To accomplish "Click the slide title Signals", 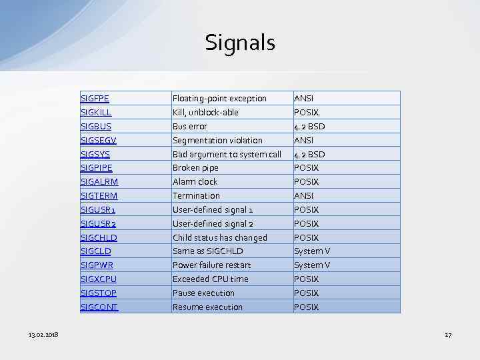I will tap(240, 43).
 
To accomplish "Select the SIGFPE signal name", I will tap(95, 99).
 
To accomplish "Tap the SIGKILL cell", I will tap(96, 113).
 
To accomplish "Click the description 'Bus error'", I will tap(190, 127).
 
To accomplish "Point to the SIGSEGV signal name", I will tap(99, 141).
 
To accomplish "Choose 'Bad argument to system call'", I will tap(227, 155).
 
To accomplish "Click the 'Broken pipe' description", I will tap(195, 168).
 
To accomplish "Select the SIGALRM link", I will tap(99, 182).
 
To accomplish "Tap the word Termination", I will tap(196, 196).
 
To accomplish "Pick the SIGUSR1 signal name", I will tap(98, 210).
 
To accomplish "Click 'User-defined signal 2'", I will tap(213, 224).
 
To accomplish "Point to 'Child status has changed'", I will tap(219, 238).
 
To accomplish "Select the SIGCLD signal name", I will tap(96, 251).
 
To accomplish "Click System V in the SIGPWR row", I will tap(312, 265).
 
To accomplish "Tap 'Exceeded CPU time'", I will tap(210, 279).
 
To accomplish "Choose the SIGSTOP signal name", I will tap(99, 293).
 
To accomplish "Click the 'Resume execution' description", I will tap(207, 307).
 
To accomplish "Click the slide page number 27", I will tap(448, 334).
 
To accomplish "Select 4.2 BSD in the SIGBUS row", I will tap(309, 127).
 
